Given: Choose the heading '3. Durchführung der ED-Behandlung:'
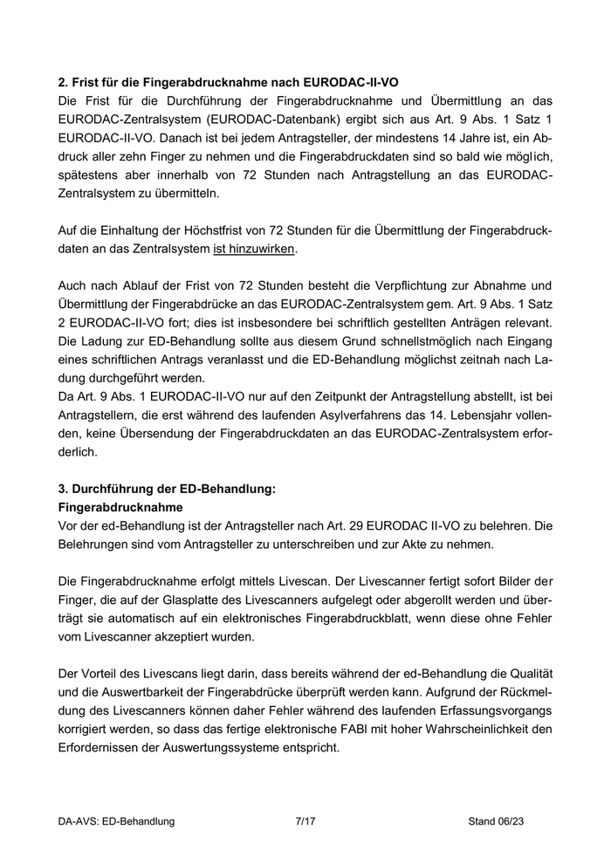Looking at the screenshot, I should [166, 490].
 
